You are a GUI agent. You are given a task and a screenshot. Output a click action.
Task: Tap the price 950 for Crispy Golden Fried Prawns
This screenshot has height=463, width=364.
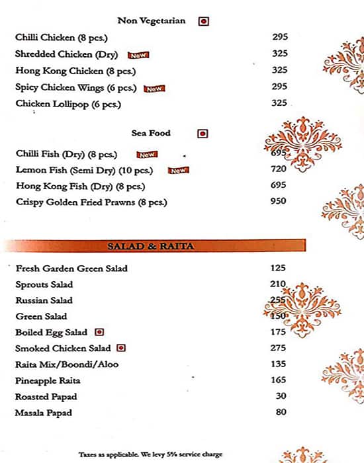tap(279, 201)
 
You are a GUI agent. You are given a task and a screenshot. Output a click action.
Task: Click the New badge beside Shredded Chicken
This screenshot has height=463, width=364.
tap(138, 55)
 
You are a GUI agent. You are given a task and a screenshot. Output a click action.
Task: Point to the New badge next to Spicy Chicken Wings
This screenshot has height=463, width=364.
tap(154, 88)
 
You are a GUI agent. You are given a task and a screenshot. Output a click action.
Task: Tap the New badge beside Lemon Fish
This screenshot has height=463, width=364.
tap(178, 170)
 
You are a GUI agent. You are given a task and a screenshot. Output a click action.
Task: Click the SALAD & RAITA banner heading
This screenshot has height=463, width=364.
tap(150, 246)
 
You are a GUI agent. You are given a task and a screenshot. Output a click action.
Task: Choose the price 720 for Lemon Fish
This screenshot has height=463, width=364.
tap(279, 169)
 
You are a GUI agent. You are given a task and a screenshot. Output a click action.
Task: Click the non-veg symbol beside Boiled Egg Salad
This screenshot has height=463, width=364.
tap(99, 332)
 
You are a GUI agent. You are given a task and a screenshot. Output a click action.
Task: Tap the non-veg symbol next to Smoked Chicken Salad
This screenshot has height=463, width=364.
tap(121, 348)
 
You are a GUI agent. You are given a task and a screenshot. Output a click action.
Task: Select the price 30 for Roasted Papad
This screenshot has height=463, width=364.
tap(281, 396)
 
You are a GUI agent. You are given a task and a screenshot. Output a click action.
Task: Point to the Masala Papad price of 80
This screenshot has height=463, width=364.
tap(281, 412)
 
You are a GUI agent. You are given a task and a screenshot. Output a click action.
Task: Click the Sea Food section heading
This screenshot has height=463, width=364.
tap(151, 133)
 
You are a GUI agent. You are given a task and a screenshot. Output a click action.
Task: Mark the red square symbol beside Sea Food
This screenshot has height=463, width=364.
tap(203, 134)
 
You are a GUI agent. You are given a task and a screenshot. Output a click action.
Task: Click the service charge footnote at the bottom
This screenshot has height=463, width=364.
tap(151, 454)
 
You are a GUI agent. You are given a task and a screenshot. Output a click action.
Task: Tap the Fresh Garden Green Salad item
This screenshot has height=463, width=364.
tap(71, 269)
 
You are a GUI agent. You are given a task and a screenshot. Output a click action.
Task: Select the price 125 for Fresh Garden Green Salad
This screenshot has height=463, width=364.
tap(279, 268)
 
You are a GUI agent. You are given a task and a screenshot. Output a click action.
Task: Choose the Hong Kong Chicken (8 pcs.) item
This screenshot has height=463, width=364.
tap(69, 71)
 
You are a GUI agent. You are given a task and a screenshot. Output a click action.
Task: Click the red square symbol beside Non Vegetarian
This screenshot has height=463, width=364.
tap(203, 21)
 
